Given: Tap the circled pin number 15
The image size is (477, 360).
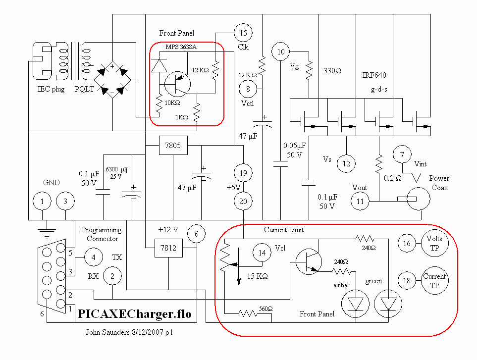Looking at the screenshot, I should pos(243,33).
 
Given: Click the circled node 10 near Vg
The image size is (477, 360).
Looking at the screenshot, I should pos(281,51).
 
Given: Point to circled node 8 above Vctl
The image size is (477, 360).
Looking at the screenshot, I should pos(248,89).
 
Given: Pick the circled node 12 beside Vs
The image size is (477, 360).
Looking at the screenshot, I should pos(346,163).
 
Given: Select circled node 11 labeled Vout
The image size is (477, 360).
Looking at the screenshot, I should pos(360,201).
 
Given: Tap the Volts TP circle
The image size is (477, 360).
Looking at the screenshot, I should pos(434,243).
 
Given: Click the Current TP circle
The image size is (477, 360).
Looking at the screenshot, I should pos(434,281).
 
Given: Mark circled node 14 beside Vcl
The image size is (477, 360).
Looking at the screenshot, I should pos(262,252).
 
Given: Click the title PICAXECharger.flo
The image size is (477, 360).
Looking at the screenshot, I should pos(135,314).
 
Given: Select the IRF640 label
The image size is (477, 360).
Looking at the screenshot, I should pos(374,75).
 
